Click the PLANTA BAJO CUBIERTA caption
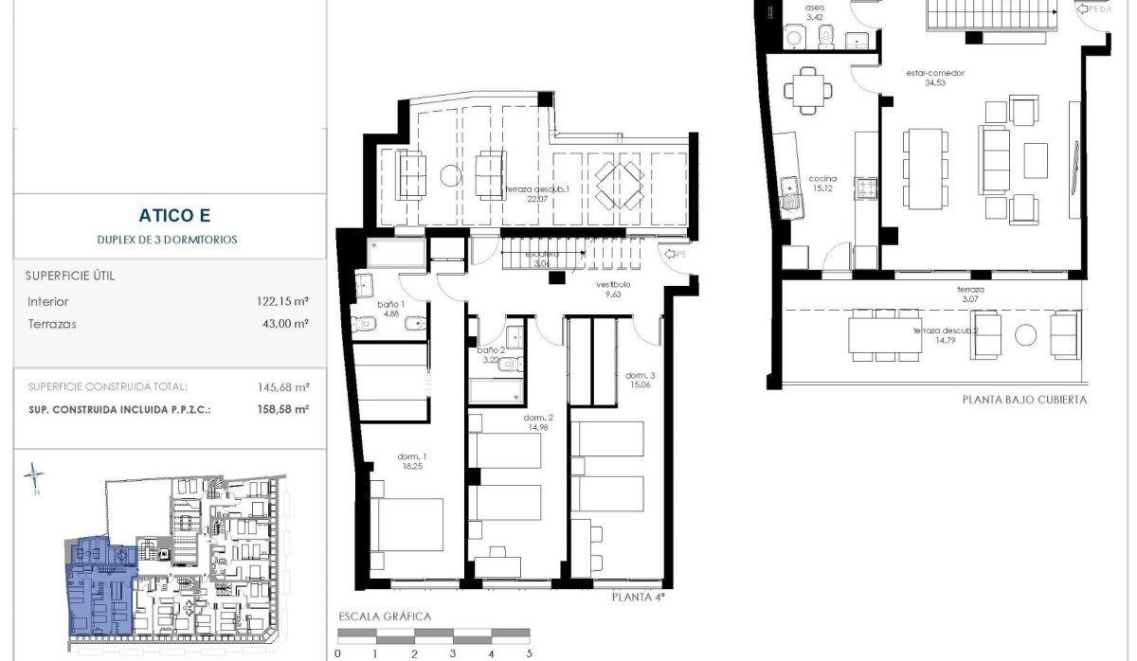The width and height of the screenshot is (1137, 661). (1023, 400)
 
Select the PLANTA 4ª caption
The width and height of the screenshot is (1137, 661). (638, 597)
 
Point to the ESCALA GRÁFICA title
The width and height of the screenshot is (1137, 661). (385, 616)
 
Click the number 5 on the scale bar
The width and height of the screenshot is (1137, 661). (530, 653)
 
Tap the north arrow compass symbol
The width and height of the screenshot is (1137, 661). (35, 478)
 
